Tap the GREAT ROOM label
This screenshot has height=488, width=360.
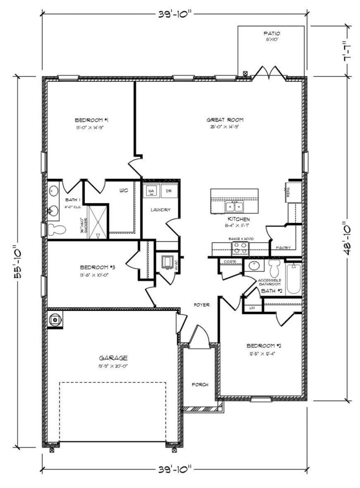224,120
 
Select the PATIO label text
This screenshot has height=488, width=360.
271,34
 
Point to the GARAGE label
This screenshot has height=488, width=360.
114,357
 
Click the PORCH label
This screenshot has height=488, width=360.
199,384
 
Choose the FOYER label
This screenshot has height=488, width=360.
201,305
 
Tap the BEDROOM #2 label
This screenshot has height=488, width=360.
262,346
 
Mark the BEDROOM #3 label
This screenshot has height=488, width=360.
97,266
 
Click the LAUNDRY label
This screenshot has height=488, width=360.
160,210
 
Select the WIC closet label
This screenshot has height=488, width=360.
124,190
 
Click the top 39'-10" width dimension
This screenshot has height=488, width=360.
173,13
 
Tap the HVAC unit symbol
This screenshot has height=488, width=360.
167,262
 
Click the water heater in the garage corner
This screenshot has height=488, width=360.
55,319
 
